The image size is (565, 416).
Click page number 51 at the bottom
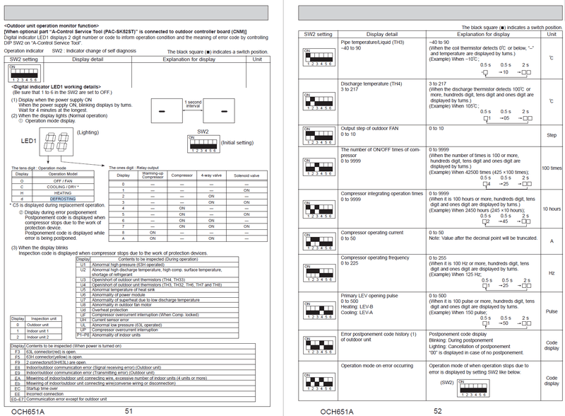click(129, 410)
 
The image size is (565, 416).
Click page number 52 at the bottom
click(437, 410)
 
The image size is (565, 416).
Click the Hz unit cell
click(552, 273)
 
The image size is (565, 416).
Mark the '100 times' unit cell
click(552, 168)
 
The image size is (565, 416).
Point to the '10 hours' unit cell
click(552, 209)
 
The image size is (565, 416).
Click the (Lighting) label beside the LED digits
click(86, 132)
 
